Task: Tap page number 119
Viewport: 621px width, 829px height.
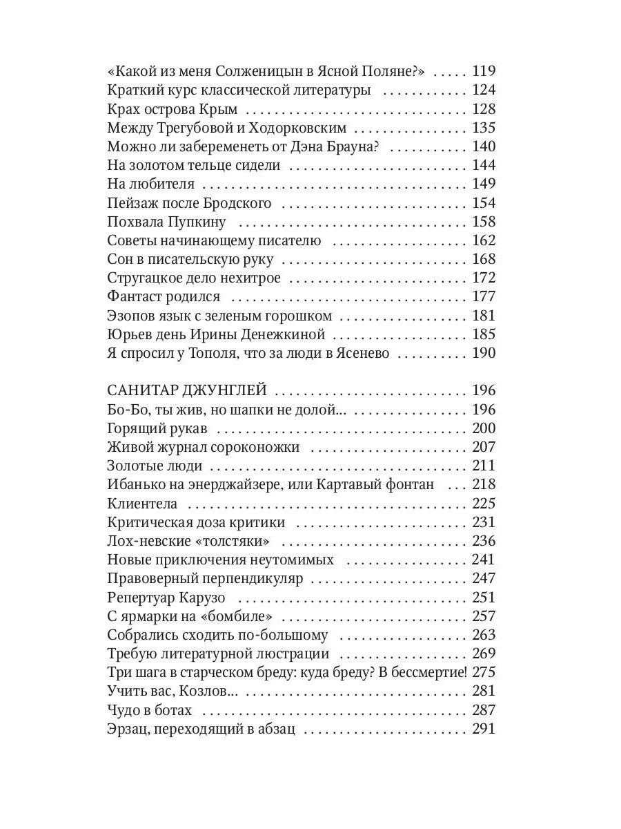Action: point(484,71)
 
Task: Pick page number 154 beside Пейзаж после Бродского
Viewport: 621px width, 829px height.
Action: point(484,203)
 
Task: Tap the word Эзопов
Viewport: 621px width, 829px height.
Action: point(130,316)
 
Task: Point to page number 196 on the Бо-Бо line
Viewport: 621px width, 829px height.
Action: point(484,409)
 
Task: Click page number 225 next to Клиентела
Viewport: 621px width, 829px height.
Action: point(484,504)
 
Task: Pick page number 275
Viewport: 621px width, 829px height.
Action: point(484,672)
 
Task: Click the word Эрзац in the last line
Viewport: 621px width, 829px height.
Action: point(127,729)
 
